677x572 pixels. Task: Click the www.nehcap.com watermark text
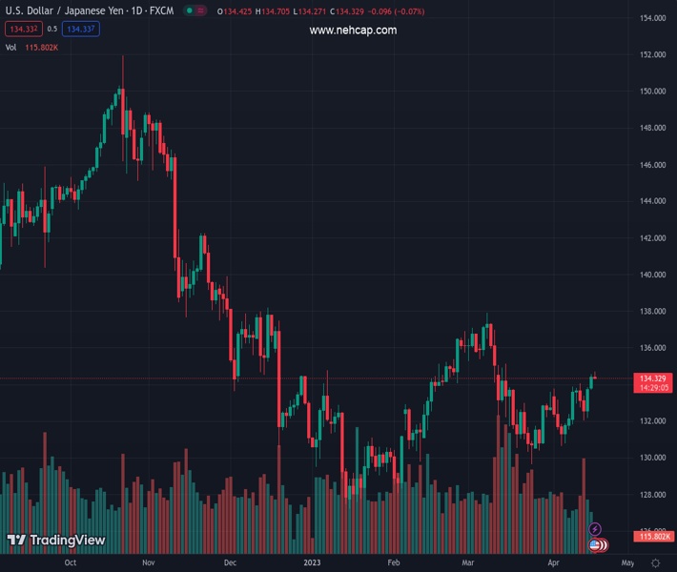click(x=353, y=31)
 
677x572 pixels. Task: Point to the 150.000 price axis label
click(x=652, y=92)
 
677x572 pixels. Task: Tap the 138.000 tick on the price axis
click(x=652, y=311)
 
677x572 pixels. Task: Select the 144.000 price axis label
click(x=652, y=201)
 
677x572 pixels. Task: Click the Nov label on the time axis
click(x=148, y=563)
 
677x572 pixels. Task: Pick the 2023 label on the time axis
click(x=312, y=563)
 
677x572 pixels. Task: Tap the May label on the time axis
click(x=627, y=563)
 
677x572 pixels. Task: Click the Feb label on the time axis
click(x=394, y=563)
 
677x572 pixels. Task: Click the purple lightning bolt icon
click(x=595, y=529)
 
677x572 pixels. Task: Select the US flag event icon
click(x=596, y=545)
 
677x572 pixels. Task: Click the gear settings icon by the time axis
click(x=653, y=563)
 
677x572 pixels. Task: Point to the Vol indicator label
click(x=10, y=47)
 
